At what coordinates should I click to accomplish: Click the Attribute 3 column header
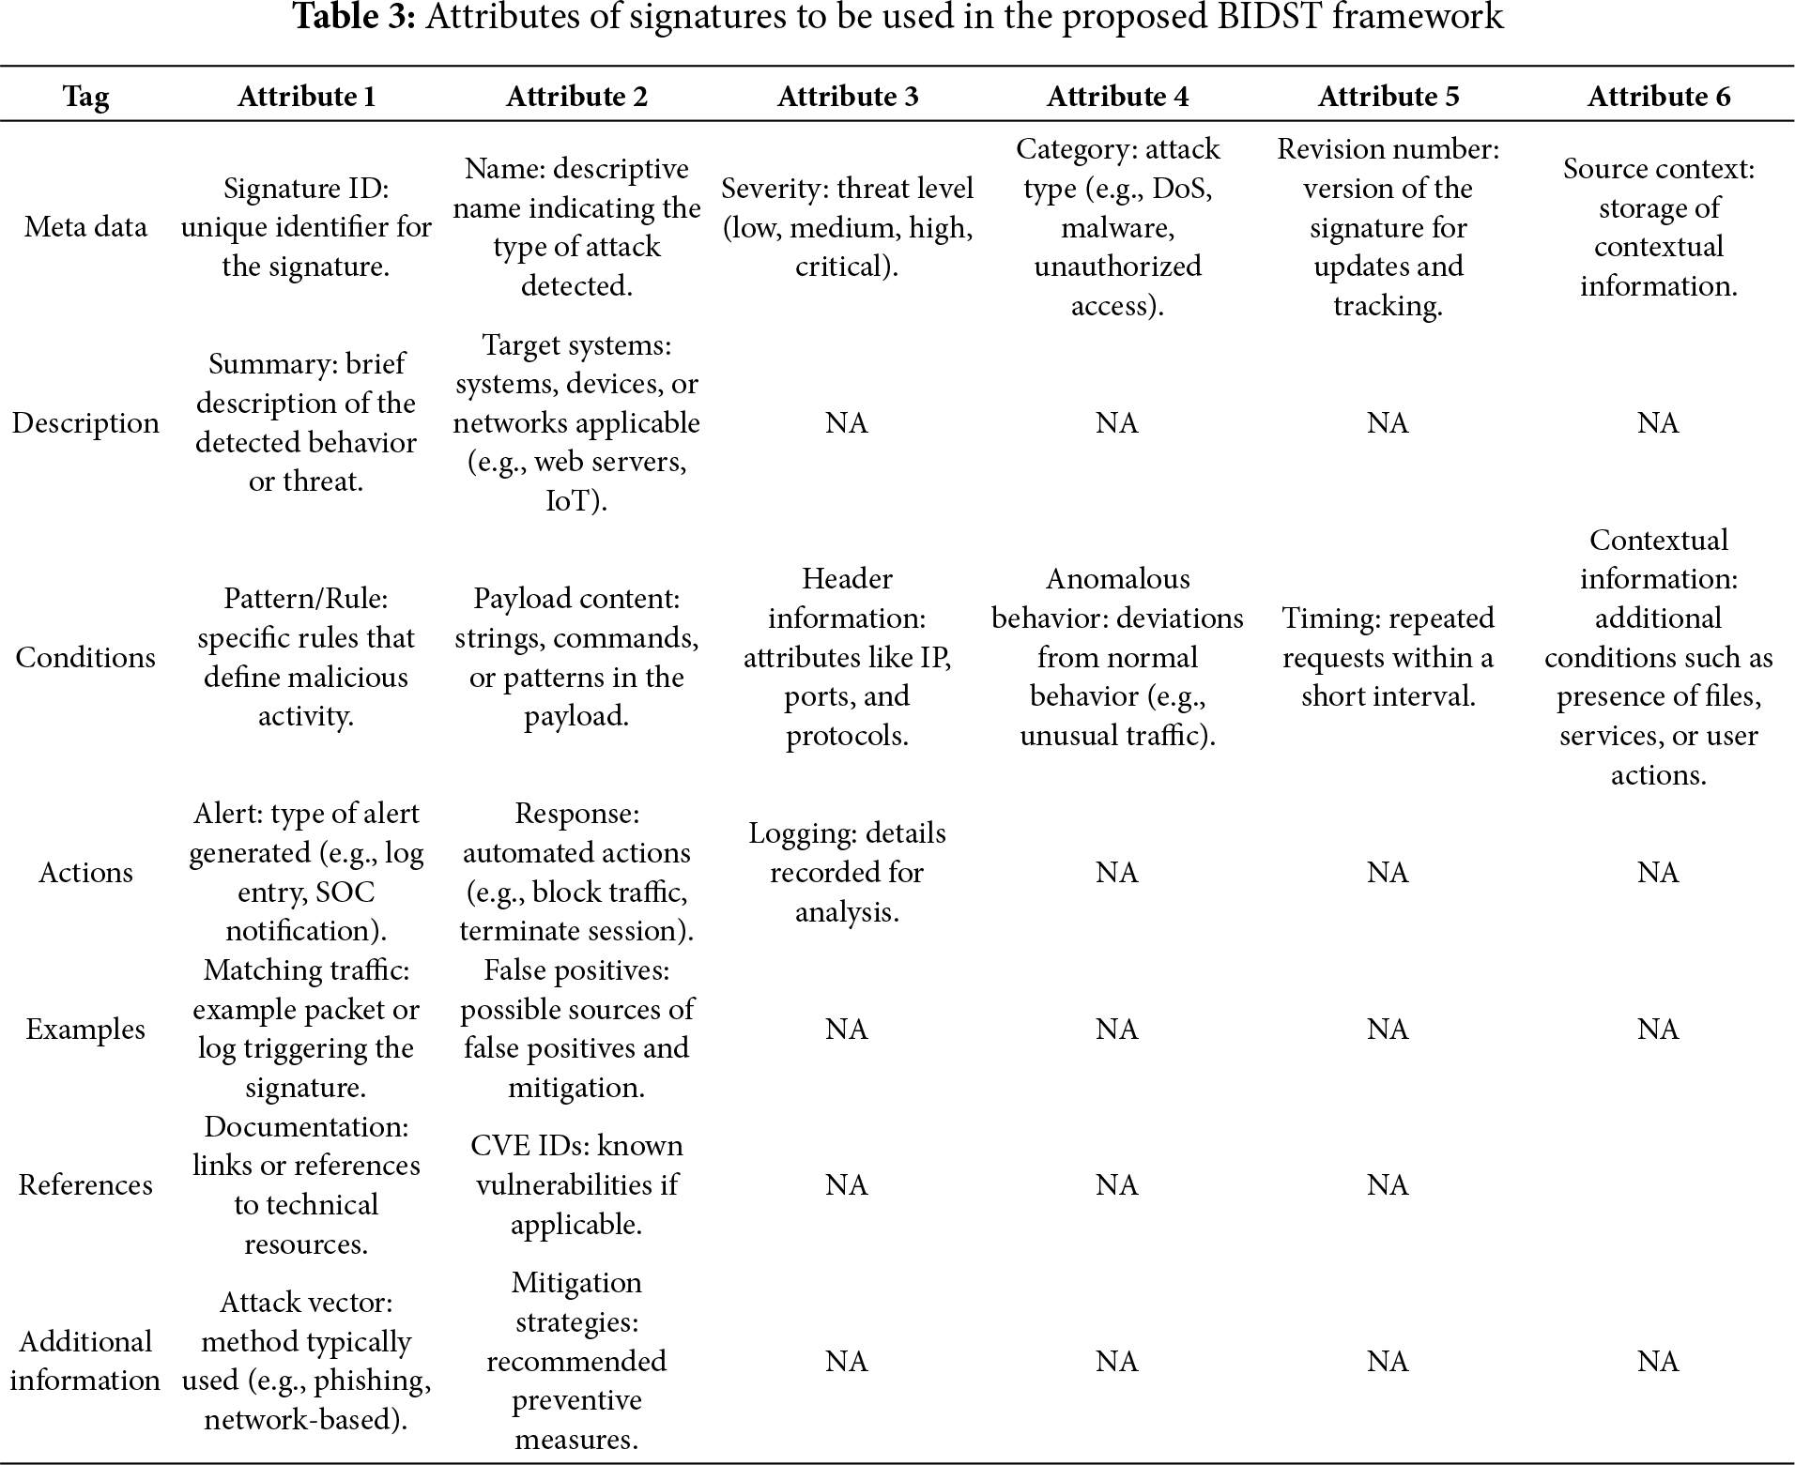click(847, 97)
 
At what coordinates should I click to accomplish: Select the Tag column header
click(85, 97)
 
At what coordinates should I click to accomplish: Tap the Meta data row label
click(85, 227)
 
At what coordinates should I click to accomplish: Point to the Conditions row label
click(85, 657)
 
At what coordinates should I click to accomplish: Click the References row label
click(85, 1184)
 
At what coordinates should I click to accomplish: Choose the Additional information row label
click(85, 1361)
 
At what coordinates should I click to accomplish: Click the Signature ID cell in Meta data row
click(306, 227)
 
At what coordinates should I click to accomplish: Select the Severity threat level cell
click(847, 227)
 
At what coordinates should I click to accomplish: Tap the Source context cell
click(1658, 227)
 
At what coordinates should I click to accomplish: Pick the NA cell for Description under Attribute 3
click(847, 423)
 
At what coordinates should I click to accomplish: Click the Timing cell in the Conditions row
click(1388, 657)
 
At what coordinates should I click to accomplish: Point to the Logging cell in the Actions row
click(847, 872)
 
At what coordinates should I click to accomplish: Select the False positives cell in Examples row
click(576, 1029)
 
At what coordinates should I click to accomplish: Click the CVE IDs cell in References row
click(576, 1184)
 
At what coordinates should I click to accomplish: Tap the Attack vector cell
click(306, 1361)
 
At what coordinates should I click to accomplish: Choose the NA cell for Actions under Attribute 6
click(1658, 872)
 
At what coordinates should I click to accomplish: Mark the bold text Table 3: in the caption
click(355, 18)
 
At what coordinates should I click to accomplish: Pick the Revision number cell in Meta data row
click(1388, 227)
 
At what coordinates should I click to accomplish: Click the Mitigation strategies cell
click(576, 1361)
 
